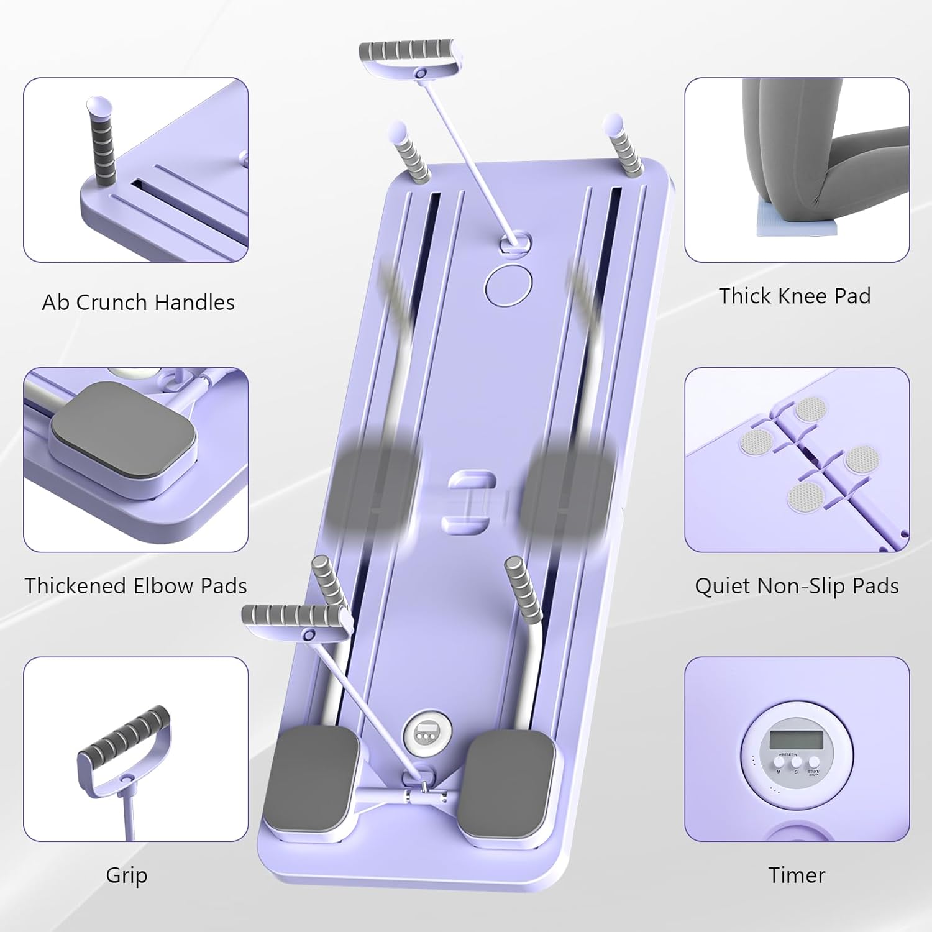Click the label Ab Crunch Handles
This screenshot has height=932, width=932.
[x=138, y=303]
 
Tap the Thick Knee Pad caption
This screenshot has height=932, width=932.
[x=795, y=296]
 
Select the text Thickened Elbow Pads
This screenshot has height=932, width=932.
[x=135, y=586]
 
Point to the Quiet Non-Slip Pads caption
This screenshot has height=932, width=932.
[x=797, y=586]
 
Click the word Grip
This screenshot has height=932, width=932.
[x=127, y=875]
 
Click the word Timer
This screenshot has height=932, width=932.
[x=797, y=875]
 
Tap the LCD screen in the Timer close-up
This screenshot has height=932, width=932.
[x=796, y=739]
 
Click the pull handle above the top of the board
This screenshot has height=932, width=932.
[x=408, y=52]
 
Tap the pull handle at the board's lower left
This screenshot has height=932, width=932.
[x=293, y=616]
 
